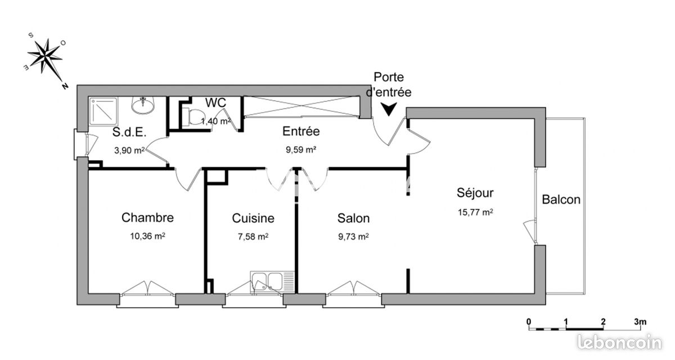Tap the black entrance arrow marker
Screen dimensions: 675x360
389,109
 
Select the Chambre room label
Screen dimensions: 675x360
147,218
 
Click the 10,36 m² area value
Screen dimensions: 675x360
147,236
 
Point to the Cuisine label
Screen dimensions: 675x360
253,218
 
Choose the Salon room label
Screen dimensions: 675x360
353,218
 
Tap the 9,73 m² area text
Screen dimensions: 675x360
353,236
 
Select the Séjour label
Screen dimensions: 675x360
475,193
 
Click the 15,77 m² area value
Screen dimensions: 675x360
475,213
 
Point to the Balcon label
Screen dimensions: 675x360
561,200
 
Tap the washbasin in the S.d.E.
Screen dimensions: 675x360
143,105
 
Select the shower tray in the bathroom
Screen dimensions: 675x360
103,111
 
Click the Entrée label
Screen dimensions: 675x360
301,132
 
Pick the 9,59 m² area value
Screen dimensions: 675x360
301,150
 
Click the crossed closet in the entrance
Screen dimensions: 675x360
302,106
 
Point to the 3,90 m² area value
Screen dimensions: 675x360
129,150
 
